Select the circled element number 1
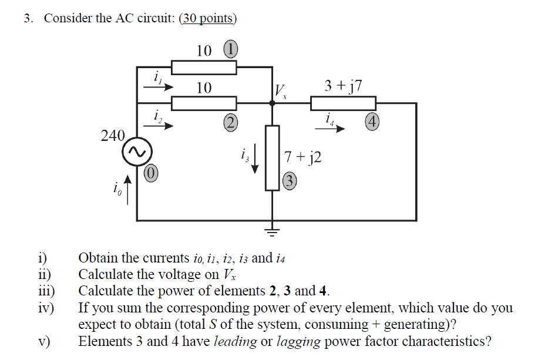tap(230, 50)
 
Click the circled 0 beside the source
tap(151, 173)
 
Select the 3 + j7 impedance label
tap(343, 86)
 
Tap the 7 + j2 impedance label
tap(302, 157)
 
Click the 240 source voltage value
tap(113, 136)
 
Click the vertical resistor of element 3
tap(272, 157)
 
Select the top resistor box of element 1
tap(204, 68)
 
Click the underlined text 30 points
tap(208, 18)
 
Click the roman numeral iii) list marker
tap(46, 291)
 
